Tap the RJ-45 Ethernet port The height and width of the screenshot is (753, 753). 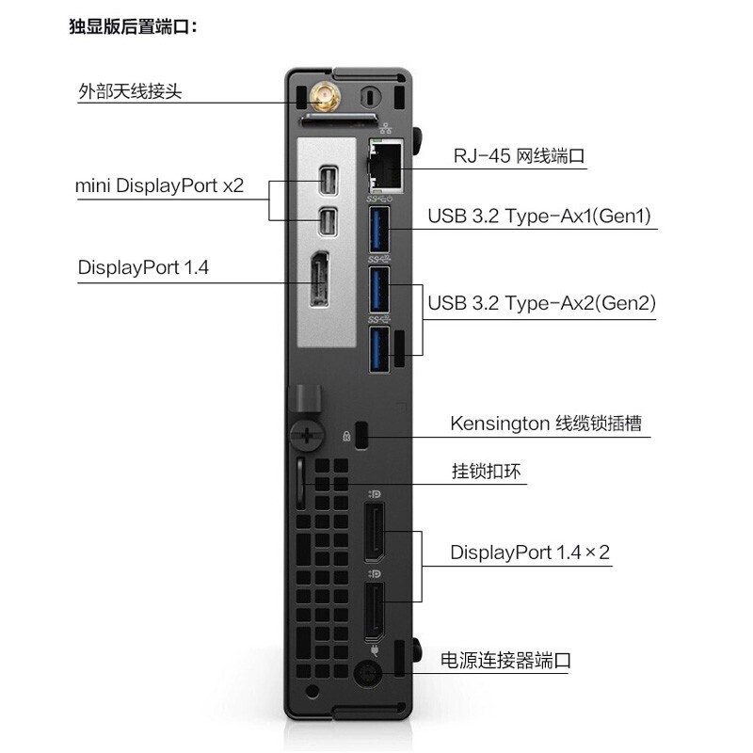[x=386, y=167]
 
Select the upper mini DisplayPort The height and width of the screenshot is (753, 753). [x=328, y=181]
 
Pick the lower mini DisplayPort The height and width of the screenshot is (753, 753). [x=328, y=222]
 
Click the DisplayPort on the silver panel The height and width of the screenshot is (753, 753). [x=319, y=279]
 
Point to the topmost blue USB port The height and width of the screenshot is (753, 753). [x=379, y=229]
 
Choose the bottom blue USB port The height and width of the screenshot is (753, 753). [x=379, y=348]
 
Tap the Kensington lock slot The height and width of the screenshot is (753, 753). [x=362, y=435]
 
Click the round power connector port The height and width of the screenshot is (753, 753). [x=367, y=673]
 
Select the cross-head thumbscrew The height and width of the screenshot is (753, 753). [x=307, y=436]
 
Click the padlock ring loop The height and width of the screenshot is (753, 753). [x=300, y=483]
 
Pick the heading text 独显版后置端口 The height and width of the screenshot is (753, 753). [x=133, y=26]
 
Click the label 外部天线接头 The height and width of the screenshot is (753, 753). [x=130, y=90]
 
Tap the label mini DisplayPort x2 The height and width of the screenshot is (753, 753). [x=160, y=185]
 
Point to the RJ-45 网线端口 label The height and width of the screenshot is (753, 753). [x=520, y=155]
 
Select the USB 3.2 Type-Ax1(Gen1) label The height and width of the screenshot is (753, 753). [x=539, y=216]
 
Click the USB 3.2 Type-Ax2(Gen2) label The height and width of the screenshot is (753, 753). [x=542, y=303]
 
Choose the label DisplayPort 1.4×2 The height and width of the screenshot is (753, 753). [x=530, y=553]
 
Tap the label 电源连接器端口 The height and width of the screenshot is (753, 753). [x=505, y=661]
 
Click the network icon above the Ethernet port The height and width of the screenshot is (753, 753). [x=386, y=128]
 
